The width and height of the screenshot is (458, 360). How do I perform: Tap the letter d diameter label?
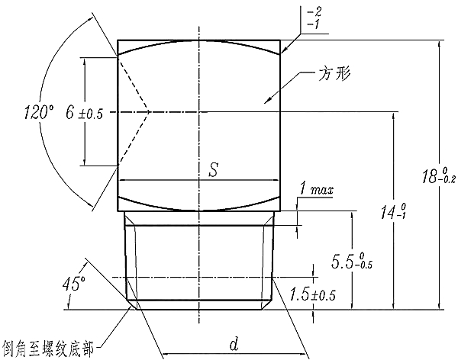pos(234,345)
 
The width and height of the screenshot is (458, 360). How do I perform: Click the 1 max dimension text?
pos(315,188)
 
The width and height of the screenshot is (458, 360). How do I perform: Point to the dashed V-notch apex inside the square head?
pos(150,112)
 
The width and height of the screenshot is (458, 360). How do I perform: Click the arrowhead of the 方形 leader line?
pos(264,101)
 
